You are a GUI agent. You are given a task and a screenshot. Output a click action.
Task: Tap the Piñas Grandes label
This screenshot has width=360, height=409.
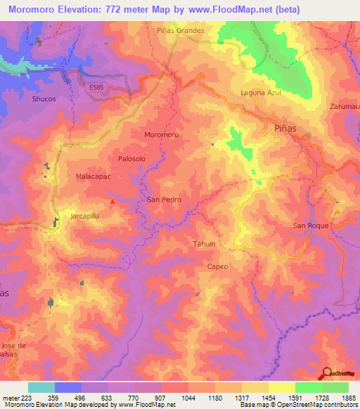(181, 31)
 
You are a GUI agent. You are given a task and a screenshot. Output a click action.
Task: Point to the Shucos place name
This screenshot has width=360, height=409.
(44, 100)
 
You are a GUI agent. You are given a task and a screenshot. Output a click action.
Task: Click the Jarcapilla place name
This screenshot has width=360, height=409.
(88, 216)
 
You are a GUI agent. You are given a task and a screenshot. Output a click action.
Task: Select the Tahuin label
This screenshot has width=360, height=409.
(203, 243)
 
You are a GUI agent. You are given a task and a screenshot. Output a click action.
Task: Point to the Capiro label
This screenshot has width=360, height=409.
(218, 267)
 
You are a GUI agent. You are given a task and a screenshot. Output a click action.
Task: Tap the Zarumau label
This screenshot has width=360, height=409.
(344, 106)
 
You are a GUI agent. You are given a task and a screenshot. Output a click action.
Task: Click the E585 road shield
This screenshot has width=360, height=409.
(100, 86)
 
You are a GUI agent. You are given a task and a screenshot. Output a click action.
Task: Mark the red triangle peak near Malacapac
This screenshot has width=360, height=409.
(112, 202)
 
